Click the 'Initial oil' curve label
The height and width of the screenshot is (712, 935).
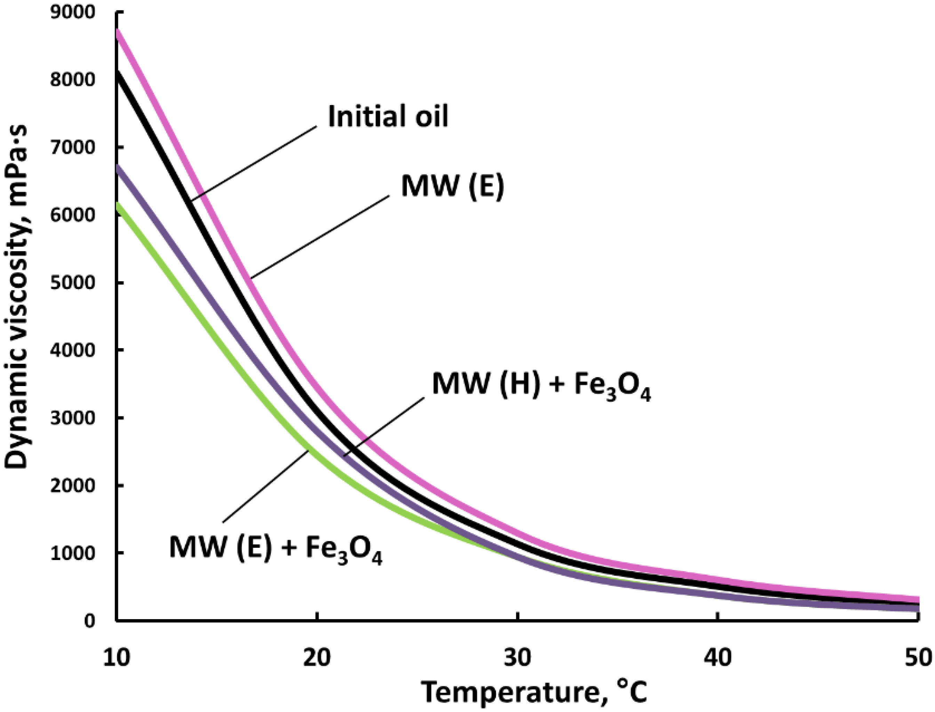point(388,117)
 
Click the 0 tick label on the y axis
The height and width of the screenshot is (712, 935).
point(89,621)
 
